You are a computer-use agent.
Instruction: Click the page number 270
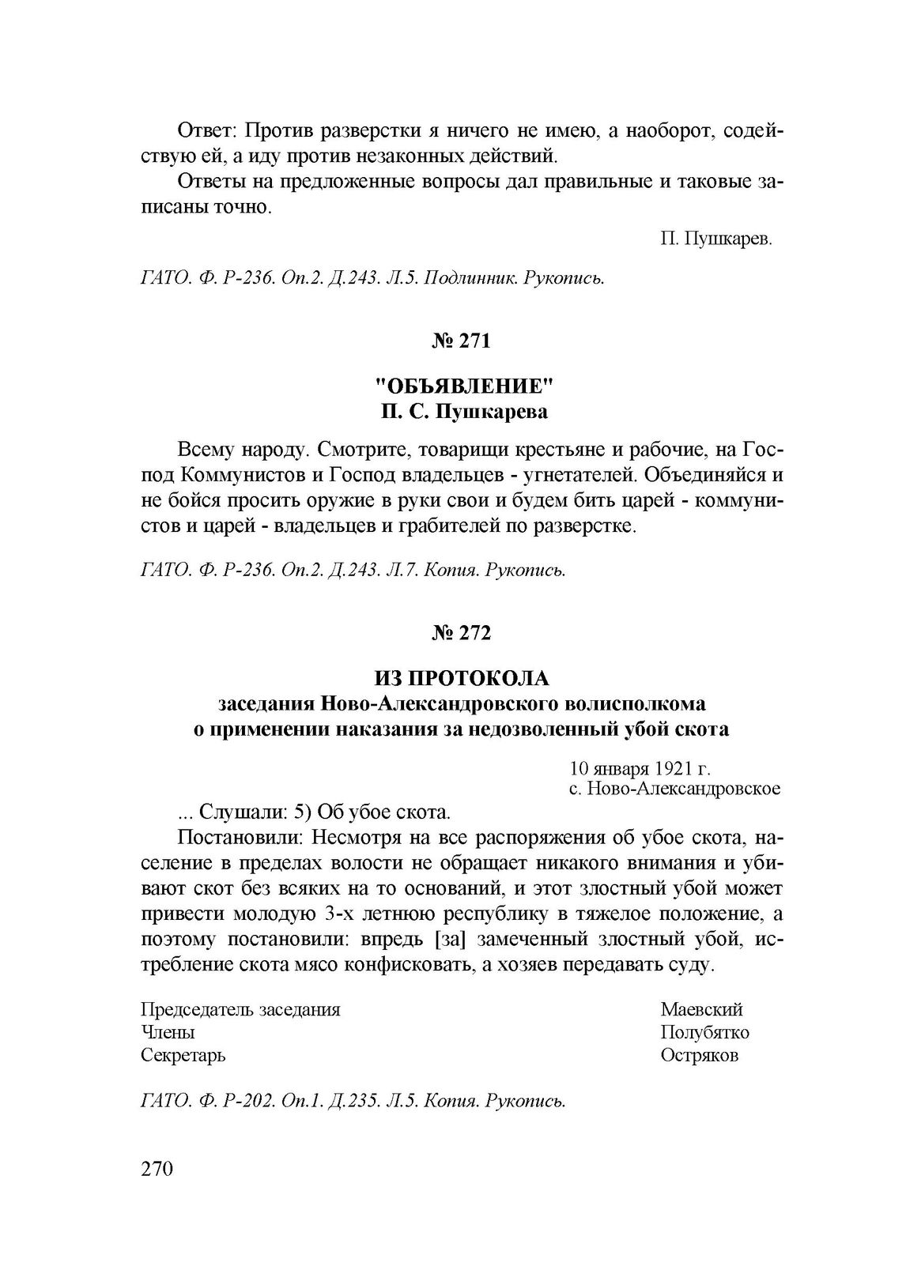tap(157, 1169)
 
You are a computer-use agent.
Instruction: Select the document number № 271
tap(462, 341)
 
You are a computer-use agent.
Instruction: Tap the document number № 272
tap(462, 633)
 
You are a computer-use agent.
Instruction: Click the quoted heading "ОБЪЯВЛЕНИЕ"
tap(462, 387)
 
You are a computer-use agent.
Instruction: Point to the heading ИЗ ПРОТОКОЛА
tap(462, 678)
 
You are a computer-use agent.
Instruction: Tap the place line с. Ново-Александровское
tap(675, 789)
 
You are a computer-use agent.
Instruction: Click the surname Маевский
tap(702, 1010)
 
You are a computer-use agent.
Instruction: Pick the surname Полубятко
tap(705, 1032)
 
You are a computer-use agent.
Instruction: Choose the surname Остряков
tap(700, 1055)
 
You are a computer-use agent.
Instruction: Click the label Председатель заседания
tap(240, 1010)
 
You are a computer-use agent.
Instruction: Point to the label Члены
tap(168, 1032)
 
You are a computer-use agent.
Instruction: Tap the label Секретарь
tap(183, 1055)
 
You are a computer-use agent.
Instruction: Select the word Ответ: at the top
tap(206, 129)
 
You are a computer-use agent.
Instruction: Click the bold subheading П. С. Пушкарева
tap(462, 413)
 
